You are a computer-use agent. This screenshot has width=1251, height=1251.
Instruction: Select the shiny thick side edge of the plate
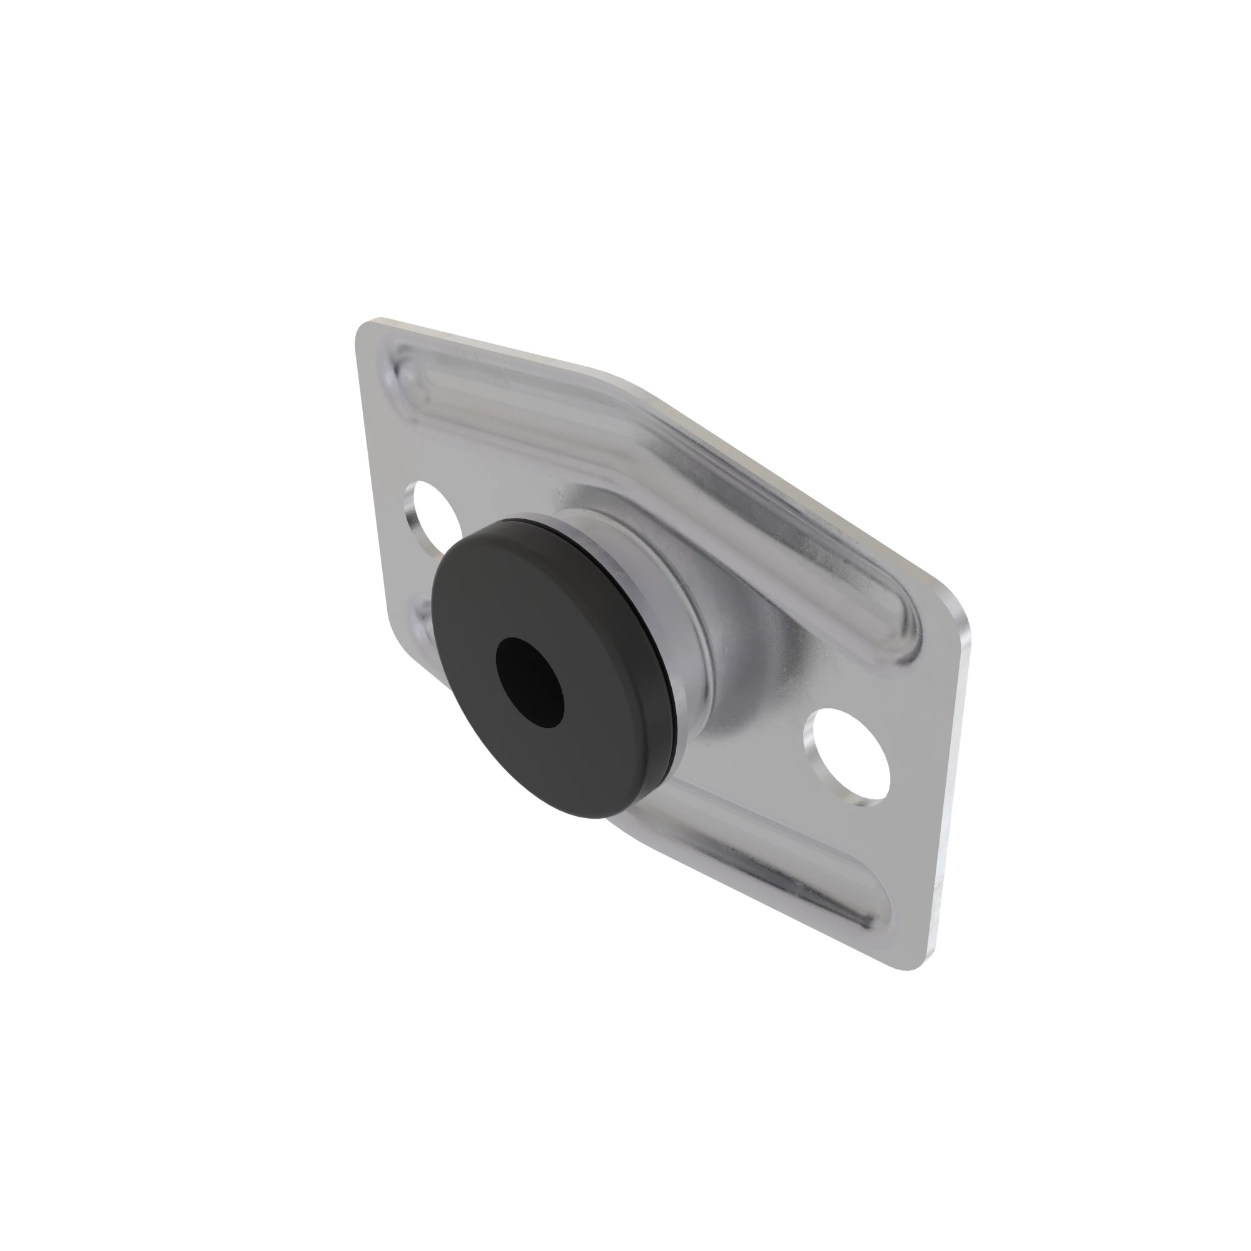pos(952,777)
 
